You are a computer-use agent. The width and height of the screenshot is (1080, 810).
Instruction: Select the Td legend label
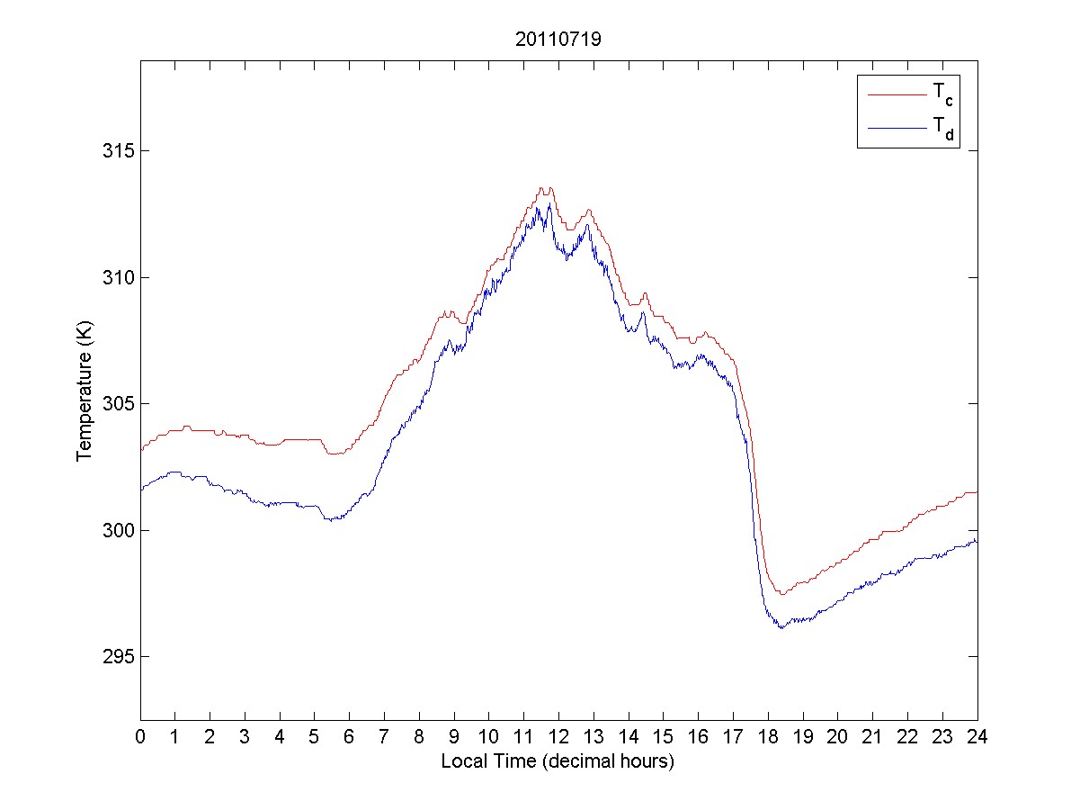[942, 130]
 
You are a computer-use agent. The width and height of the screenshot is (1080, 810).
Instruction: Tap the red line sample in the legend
[897, 91]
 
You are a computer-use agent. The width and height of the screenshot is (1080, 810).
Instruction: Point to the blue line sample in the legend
[897, 130]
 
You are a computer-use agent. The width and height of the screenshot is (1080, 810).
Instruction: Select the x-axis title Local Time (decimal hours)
[558, 761]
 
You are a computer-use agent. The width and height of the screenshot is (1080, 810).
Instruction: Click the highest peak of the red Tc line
[542, 188]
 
